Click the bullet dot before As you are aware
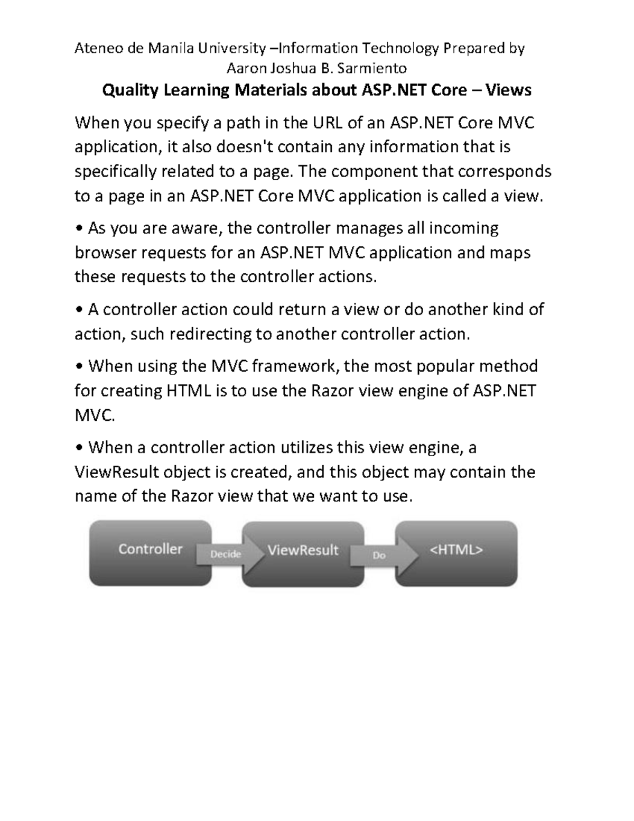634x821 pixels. (79, 229)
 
